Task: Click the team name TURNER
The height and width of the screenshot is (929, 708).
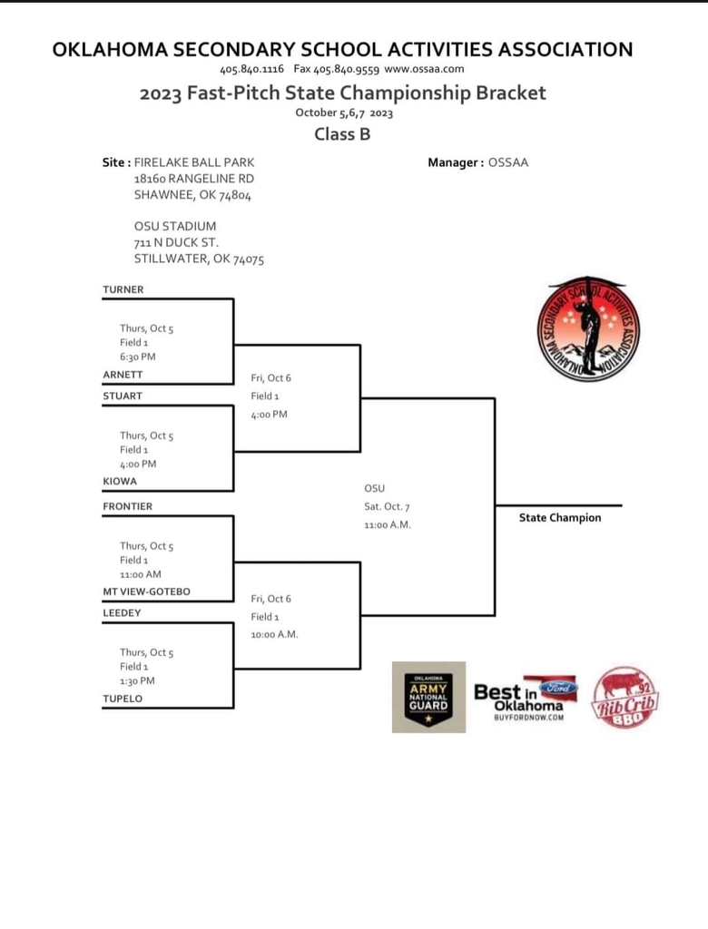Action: tap(123, 289)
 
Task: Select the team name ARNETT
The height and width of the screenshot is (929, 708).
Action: tap(123, 375)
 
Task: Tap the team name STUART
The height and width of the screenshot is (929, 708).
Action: tap(123, 396)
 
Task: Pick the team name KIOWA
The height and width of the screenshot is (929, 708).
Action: tap(120, 481)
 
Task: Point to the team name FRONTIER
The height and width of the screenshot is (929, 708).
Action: tap(127, 506)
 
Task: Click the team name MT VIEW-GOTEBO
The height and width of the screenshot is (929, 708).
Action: tap(146, 592)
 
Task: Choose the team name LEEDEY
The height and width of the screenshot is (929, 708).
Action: tap(123, 612)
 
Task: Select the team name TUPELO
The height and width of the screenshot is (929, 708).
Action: tap(123, 699)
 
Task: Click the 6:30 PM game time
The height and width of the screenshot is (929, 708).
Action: tap(138, 357)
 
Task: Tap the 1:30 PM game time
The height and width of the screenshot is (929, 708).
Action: tap(137, 680)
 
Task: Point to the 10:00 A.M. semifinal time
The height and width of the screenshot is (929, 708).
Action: tap(274, 634)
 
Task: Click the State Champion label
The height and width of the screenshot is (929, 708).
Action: tap(560, 518)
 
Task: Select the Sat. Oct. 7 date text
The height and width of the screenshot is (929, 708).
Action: tap(388, 506)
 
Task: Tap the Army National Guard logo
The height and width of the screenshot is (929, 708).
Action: tap(428, 698)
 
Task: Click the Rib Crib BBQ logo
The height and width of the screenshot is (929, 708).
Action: tap(624, 698)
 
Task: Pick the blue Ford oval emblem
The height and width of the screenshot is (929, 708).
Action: tap(558, 688)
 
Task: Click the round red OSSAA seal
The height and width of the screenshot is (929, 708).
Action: tap(588, 329)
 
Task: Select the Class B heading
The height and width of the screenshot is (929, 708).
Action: tap(342, 134)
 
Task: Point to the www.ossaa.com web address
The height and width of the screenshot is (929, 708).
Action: tap(424, 69)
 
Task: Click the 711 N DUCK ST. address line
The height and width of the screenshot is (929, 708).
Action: tap(176, 242)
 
